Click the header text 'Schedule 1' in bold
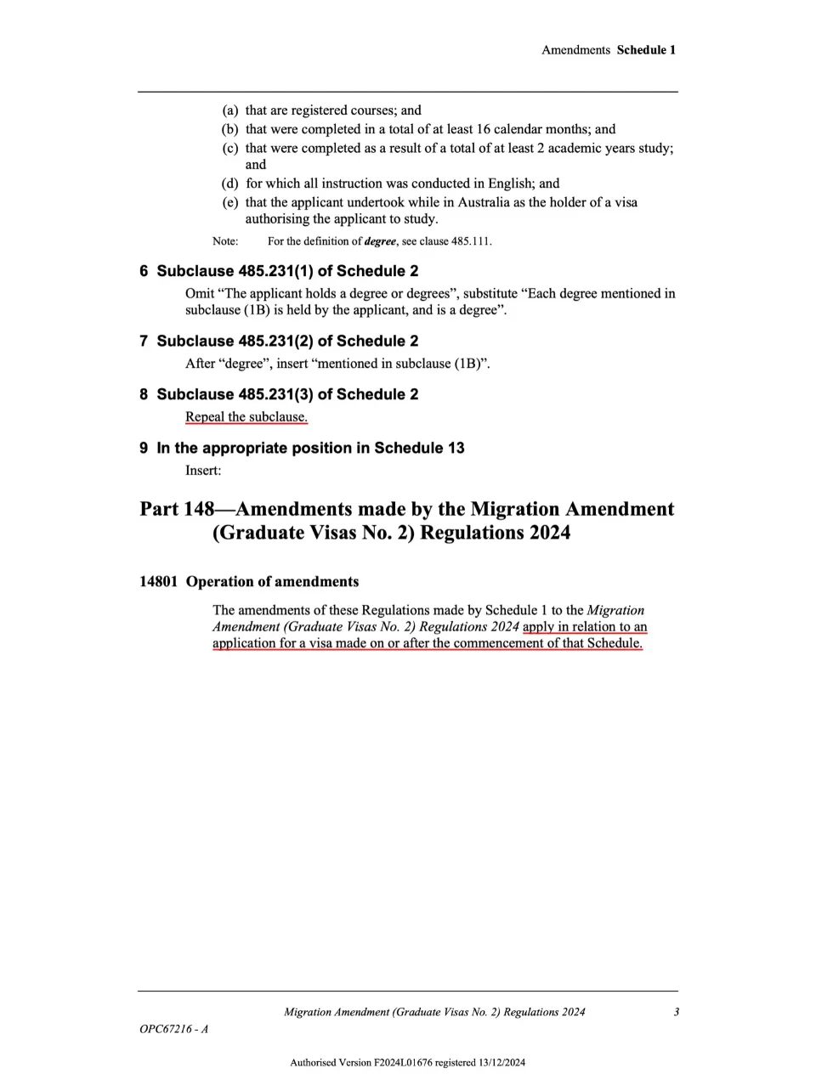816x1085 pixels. pos(646,50)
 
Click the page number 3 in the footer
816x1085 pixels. pos(676,1012)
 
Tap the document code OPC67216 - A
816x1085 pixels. pos(174,1030)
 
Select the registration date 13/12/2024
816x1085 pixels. pos(501,1062)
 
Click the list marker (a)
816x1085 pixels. pos(230,110)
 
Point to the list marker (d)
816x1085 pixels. pos(230,184)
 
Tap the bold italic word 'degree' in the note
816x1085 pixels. pos(380,241)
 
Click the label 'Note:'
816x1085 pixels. pos(225,241)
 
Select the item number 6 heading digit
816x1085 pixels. pos(144,271)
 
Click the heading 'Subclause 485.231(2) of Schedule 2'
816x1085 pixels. pos(287,342)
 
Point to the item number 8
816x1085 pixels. pos(144,395)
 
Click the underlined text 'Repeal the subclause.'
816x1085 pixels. pos(246,417)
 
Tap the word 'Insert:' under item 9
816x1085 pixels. pos(203,471)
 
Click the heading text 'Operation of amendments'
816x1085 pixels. pos(272,582)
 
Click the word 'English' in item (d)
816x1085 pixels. pos(511,184)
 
